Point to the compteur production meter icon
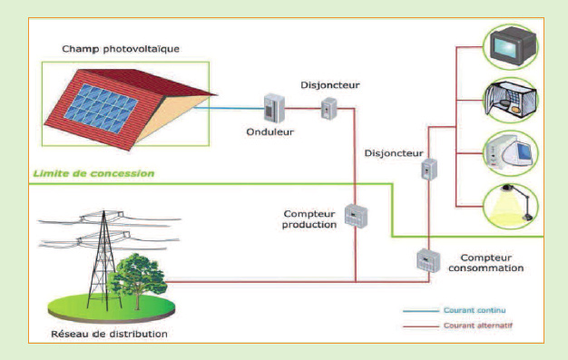(x=356, y=215)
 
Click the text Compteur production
(x=311, y=219)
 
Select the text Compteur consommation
(x=489, y=263)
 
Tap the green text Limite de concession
(x=93, y=172)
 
